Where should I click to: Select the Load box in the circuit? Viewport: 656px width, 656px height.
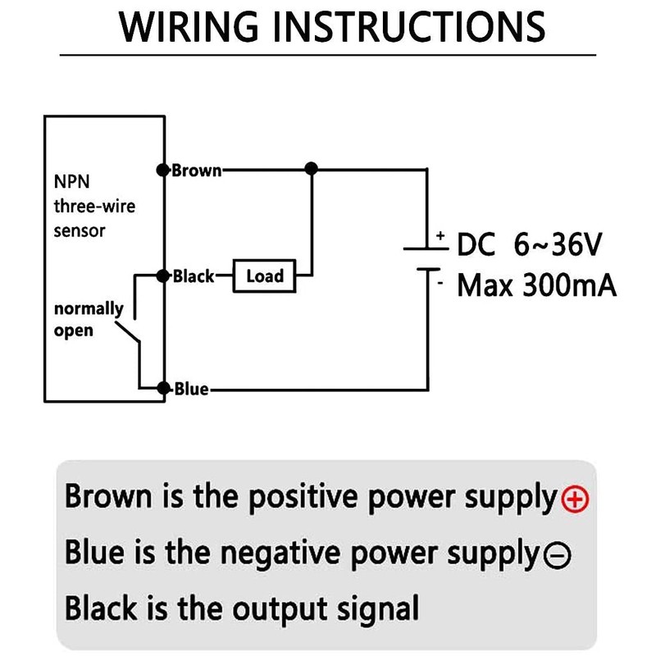click(x=264, y=276)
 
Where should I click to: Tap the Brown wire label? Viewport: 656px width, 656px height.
click(x=197, y=171)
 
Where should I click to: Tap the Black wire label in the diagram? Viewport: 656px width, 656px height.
click(x=194, y=276)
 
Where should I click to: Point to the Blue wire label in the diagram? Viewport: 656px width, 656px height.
click(x=192, y=389)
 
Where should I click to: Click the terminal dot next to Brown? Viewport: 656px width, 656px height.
click(x=163, y=170)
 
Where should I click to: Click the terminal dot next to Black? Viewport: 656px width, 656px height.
click(x=164, y=276)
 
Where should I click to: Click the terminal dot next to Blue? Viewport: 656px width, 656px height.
click(x=164, y=389)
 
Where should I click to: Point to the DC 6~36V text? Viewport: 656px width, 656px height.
click(x=530, y=244)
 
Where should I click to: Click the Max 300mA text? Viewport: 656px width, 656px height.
click(x=536, y=286)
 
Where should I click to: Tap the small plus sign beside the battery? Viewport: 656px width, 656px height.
click(x=440, y=235)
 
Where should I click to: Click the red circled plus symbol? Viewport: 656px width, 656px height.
click(x=576, y=499)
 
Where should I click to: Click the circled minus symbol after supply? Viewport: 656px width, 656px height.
click(x=557, y=556)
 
